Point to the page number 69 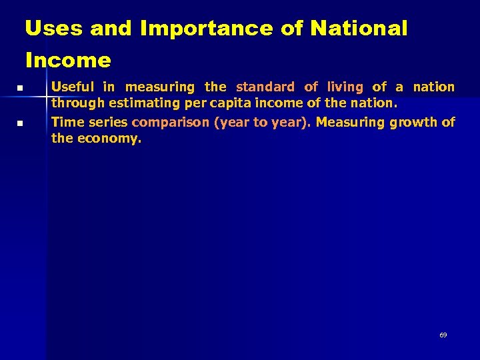click(443, 335)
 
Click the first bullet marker click(21, 88)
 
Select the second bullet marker click(21, 123)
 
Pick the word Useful click(73, 87)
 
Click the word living click(345, 87)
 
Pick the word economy click(109, 139)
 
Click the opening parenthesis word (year click(228, 122)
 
